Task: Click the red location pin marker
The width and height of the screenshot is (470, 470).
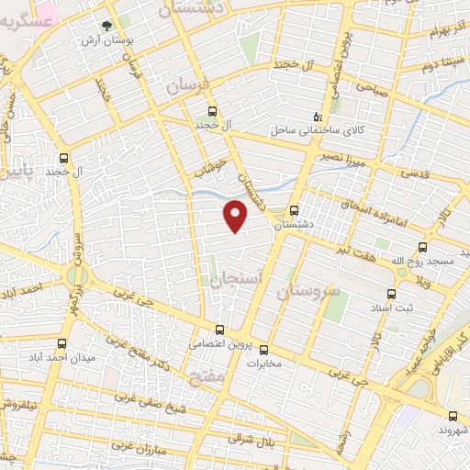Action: point(236,217)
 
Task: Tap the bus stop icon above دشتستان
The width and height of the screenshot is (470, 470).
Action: point(294,209)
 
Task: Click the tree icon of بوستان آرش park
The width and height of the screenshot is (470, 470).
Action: point(106,28)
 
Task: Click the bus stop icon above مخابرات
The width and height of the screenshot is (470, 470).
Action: point(263,349)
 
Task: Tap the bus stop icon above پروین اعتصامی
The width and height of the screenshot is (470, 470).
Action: point(218,330)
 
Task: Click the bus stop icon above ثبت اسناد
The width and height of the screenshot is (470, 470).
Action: point(392,294)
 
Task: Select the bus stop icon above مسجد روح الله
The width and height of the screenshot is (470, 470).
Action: point(422,246)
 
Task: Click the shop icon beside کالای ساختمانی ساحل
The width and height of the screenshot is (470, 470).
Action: point(319,116)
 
